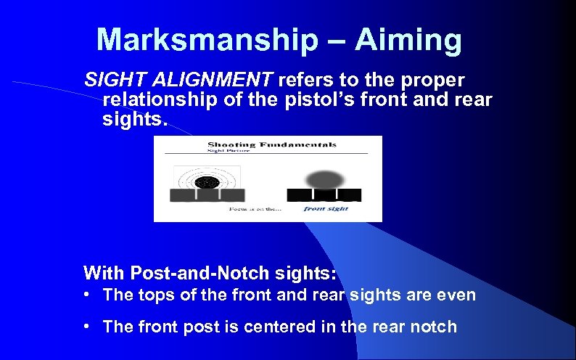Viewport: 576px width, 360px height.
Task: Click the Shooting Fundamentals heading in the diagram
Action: click(272, 144)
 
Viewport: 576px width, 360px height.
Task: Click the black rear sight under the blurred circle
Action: click(324, 195)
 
